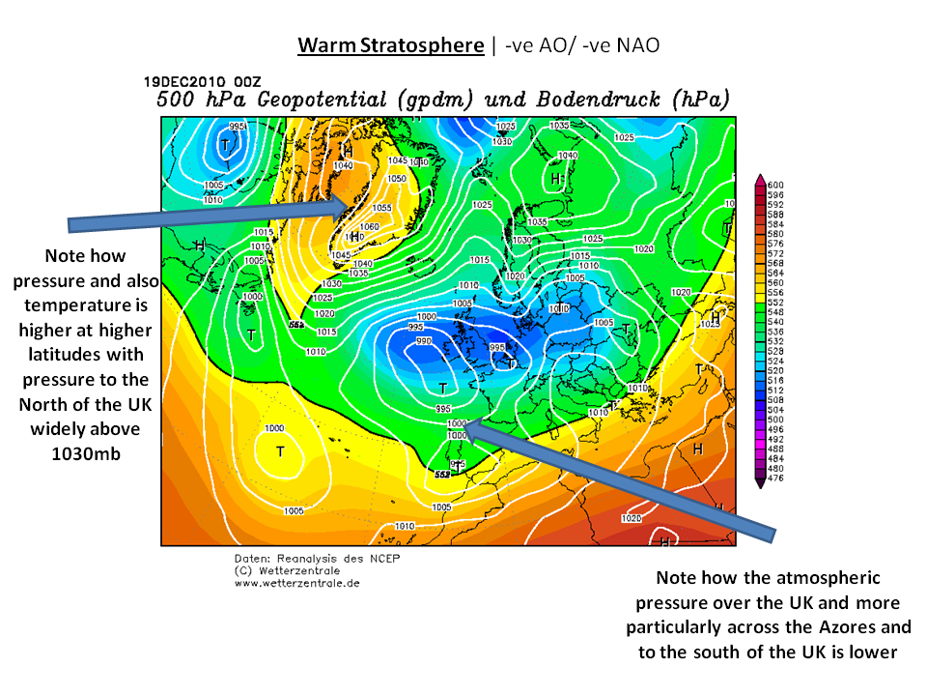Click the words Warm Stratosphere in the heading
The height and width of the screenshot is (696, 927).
click(x=390, y=45)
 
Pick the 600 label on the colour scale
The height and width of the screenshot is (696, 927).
click(x=775, y=185)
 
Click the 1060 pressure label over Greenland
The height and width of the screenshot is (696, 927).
click(x=370, y=227)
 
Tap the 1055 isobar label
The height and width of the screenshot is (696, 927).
click(x=381, y=208)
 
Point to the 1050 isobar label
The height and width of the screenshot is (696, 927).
click(x=397, y=179)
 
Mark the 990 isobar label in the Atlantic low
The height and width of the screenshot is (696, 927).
click(x=423, y=341)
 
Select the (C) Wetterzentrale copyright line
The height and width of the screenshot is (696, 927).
click(x=280, y=571)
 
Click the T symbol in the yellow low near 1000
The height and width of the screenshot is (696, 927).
click(x=280, y=450)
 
